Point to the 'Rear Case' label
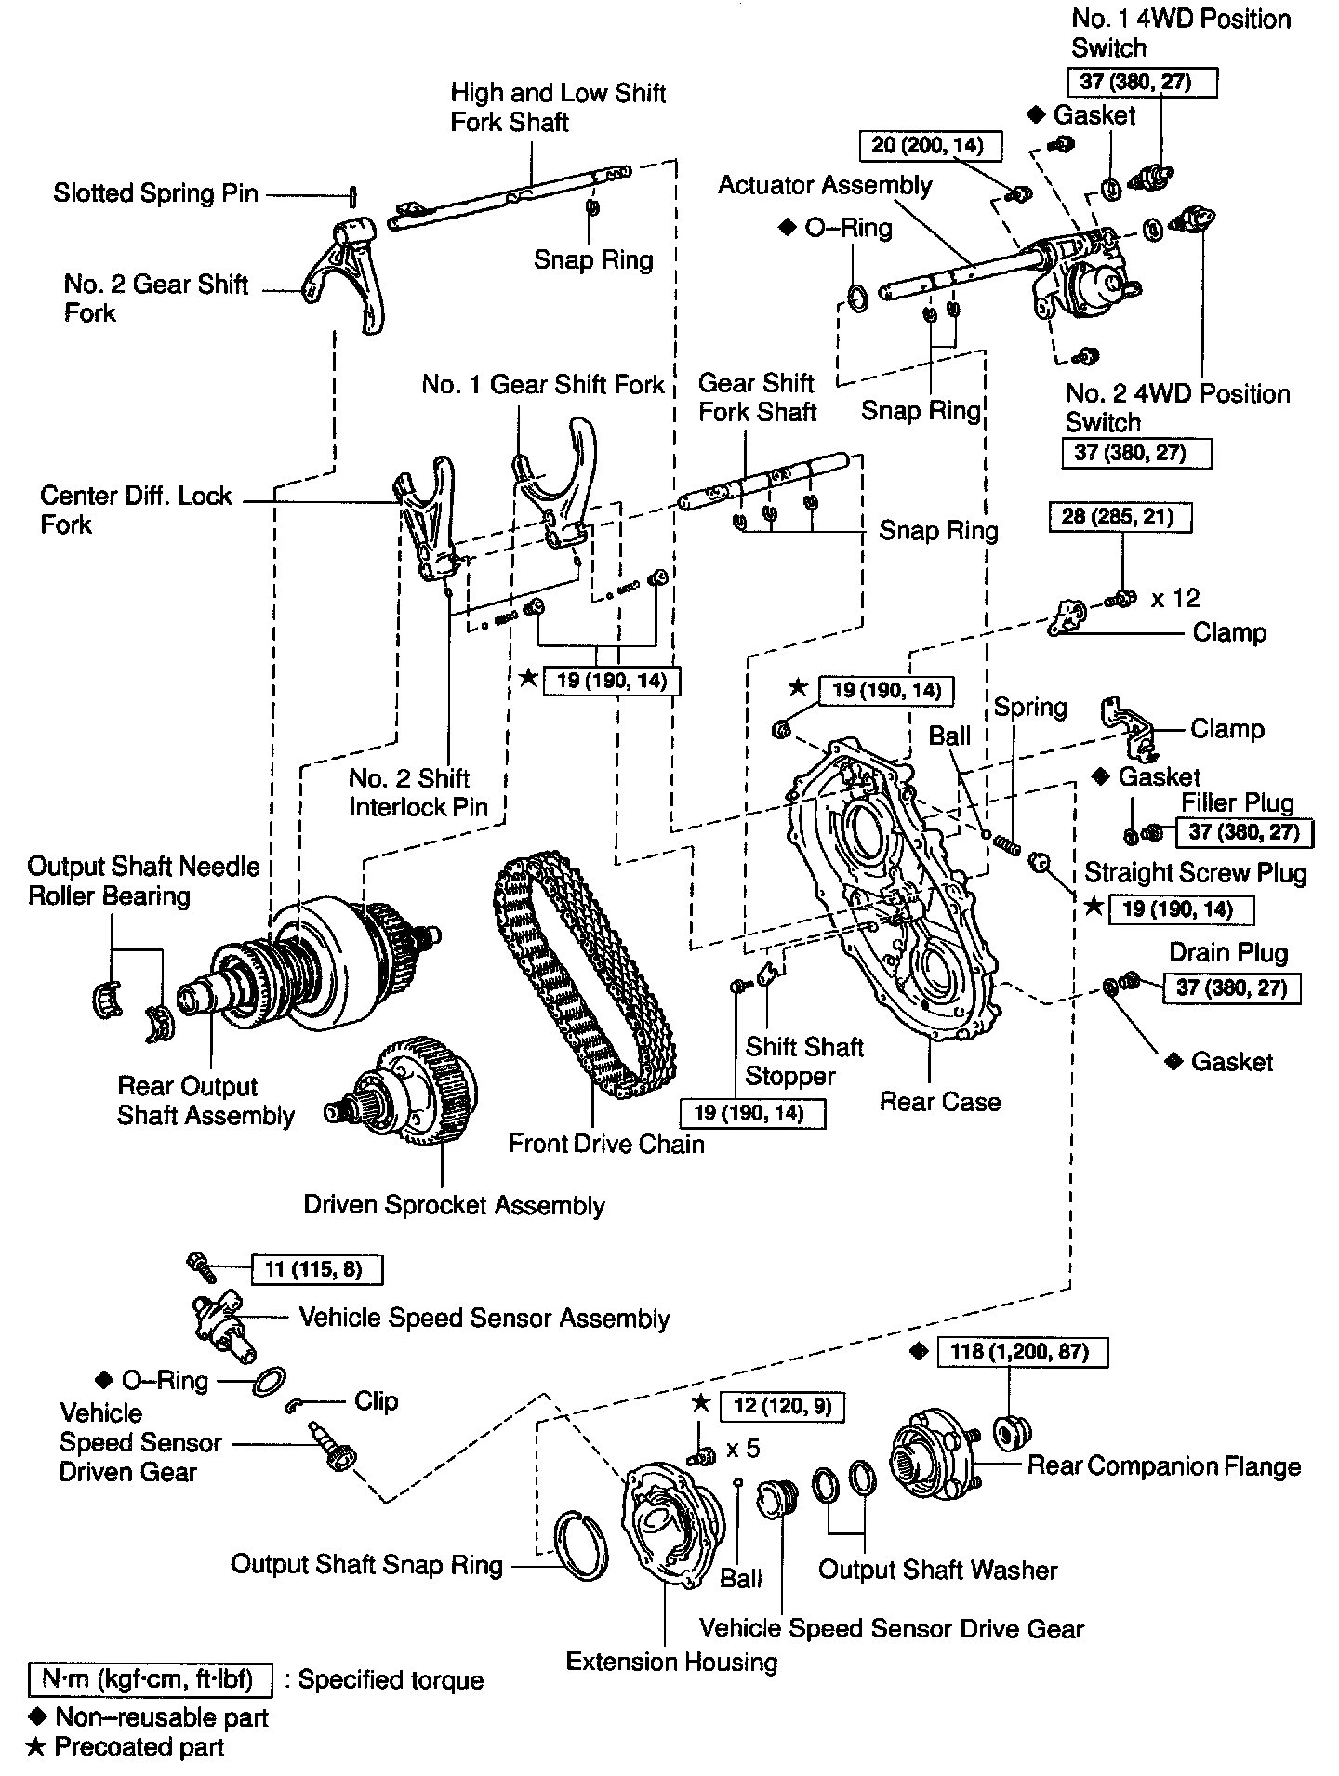click(x=940, y=1102)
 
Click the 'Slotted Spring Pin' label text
click(x=155, y=193)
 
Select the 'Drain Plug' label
click(x=1228, y=952)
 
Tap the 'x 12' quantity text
click(x=1175, y=598)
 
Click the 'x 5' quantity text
click(x=743, y=1449)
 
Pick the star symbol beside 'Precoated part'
click(x=36, y=1747)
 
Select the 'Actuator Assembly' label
click(x=825, y=185)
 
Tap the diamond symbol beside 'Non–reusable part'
click(x=37, y=1717)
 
